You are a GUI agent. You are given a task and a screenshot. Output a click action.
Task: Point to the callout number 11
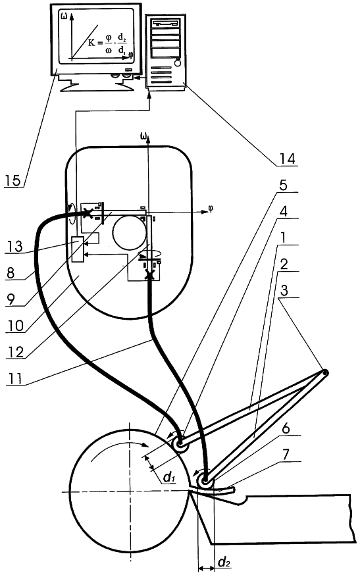tap(14, 378)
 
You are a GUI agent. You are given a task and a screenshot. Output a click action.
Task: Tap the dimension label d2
tap(224, 562)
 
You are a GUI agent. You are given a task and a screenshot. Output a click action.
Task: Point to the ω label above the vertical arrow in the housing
tap(143, 138)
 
